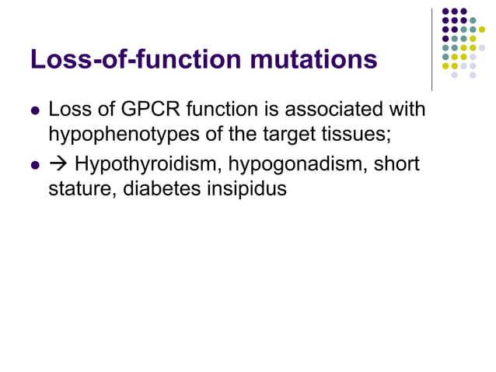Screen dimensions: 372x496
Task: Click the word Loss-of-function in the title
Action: tap(137, 59)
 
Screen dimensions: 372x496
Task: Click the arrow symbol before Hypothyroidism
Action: tap(58, 165)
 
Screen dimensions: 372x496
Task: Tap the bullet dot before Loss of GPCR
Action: tap(34, 110)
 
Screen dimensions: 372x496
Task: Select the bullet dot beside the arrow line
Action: tap(34, 166)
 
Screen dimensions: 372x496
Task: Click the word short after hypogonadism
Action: tap(396, 165)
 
